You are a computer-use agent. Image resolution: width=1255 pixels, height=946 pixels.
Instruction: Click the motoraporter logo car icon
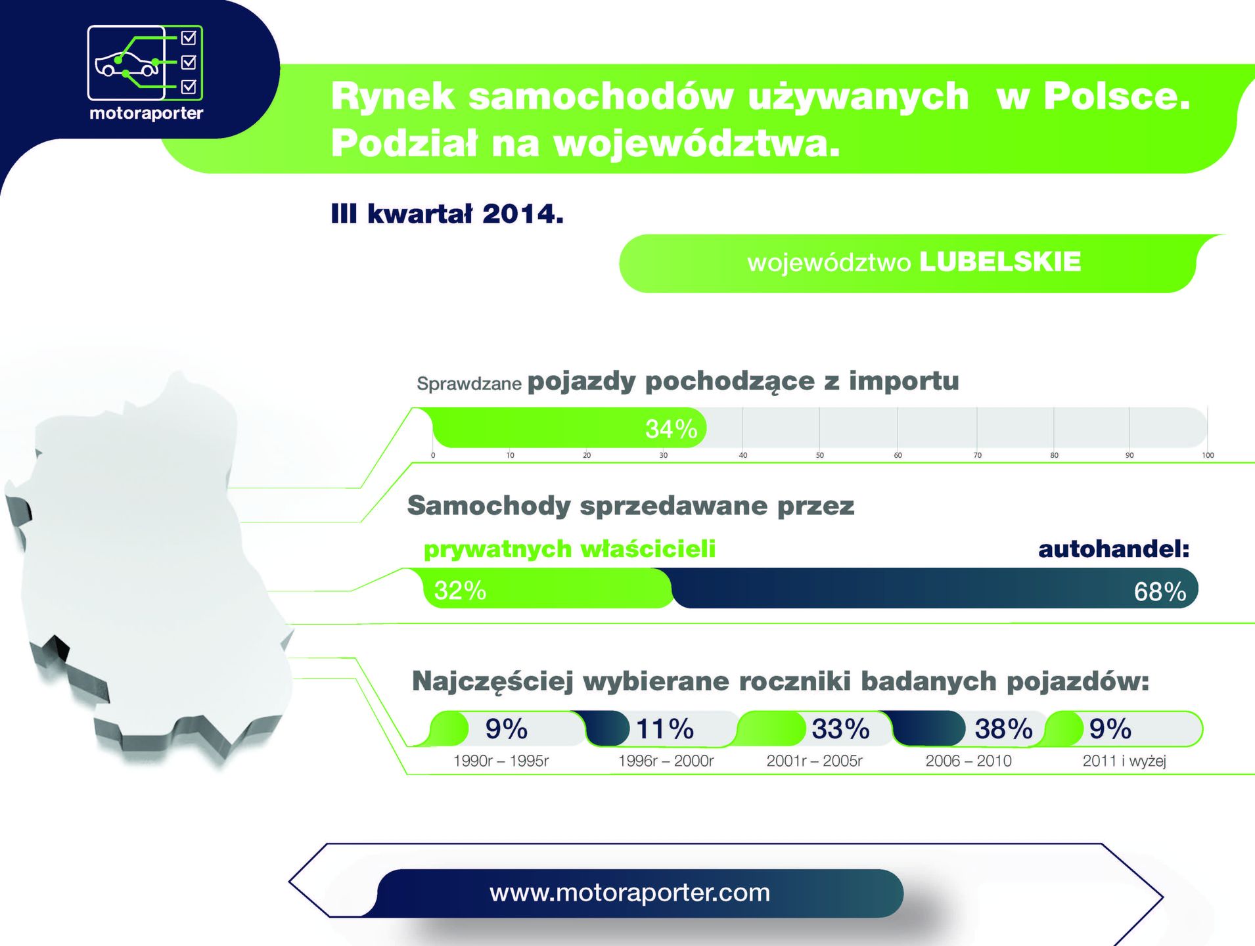pos(127,64)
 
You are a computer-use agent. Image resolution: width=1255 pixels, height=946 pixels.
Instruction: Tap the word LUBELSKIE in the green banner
pos(1000,261)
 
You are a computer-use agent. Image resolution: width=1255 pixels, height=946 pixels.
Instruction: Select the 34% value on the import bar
pos(671,429)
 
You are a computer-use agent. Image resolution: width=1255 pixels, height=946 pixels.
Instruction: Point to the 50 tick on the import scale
pos(819,455)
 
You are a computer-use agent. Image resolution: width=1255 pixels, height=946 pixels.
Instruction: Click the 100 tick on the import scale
pos(1208,455)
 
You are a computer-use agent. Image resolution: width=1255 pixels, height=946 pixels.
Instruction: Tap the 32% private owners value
pos(460,591)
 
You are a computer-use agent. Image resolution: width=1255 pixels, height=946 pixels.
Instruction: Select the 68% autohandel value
pos(1160,592)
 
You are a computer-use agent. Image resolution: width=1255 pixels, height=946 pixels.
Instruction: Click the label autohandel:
pos(1114,549)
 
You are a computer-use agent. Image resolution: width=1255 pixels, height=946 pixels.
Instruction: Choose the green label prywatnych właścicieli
pos(570,549)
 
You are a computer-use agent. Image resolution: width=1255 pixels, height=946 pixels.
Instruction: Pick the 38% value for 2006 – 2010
pos(1003,729)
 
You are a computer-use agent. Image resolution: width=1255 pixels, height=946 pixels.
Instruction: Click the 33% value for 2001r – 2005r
pos(840,729)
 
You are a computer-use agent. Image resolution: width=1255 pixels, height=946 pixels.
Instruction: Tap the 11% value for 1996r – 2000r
pos(664,729)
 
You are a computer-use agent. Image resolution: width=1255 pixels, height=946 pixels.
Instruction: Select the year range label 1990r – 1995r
pos(501,761)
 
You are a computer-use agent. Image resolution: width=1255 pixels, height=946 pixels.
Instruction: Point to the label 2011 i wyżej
pos(1124,761)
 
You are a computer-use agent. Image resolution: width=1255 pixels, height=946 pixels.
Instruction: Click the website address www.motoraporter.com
pos(629,893)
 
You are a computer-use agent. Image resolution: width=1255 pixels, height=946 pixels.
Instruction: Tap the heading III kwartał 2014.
pos(447,214)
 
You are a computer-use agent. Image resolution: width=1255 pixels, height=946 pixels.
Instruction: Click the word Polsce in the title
pos(1116,96)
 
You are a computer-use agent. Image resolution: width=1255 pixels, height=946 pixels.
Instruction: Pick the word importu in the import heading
pos(903,381)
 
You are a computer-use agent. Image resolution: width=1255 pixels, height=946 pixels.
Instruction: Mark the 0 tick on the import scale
pos(433,455)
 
